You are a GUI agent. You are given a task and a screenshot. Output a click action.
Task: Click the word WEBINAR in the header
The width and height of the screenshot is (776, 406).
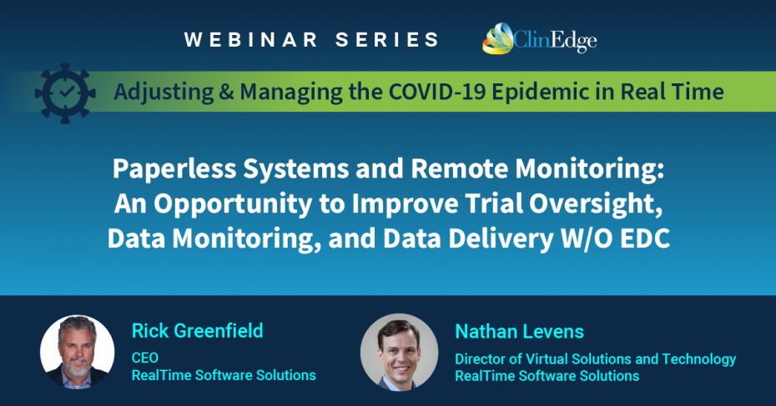click(251, 39)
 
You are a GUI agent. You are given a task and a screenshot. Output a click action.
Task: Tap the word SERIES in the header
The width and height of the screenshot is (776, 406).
click(387, 39)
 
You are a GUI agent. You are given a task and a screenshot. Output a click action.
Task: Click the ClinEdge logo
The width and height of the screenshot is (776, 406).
click(539, 38)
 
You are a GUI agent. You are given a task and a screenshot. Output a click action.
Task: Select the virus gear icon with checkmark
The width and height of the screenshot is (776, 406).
click(65, 93)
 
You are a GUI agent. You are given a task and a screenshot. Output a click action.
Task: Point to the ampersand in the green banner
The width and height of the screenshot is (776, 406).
click(226, 92)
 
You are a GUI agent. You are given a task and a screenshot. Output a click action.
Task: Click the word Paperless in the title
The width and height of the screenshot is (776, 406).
click(174, 169)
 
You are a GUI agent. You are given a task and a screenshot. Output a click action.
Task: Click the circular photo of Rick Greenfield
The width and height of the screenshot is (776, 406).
click(78, 352)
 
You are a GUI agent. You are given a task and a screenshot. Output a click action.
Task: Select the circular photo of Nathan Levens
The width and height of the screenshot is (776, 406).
click(399, 352)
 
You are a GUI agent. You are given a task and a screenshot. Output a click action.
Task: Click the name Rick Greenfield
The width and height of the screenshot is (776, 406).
click(198, 330)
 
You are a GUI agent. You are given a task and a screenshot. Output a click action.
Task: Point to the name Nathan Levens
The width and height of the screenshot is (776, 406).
click(520, 331)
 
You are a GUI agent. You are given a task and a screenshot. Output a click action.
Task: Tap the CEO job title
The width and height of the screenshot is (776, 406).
click(145, 358)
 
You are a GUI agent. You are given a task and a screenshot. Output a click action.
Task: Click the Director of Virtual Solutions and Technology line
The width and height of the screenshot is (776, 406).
click(596, 359)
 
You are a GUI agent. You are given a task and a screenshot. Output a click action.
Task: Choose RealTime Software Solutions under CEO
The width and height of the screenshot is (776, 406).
click(224, 375)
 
